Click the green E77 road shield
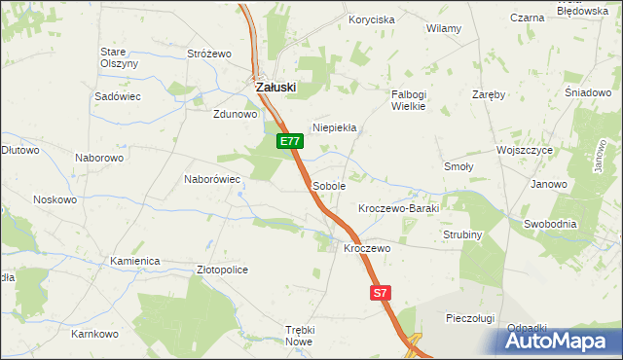point(289,141)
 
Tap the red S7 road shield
point(381,292)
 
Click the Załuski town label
point(275,87)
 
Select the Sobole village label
point(329,185)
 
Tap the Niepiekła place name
point(335,127)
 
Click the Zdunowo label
point(235,114)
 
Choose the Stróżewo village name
point(207,54)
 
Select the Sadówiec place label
point(118,97)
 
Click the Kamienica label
point(134,262)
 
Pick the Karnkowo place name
point(94,334)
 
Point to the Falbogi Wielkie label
point(409,100)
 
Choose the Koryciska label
point(372,19)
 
